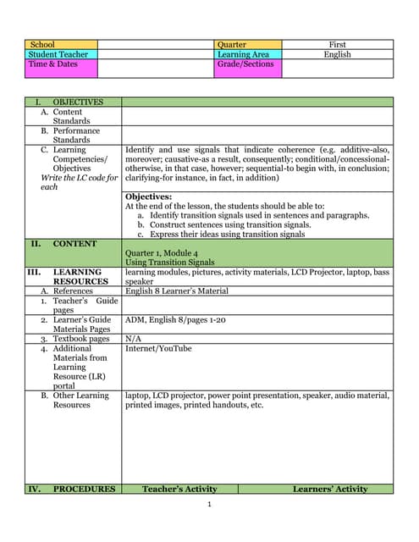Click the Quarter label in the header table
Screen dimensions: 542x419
point(232,45)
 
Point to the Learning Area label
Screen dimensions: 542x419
point(243,54)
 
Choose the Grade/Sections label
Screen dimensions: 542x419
point(245,64)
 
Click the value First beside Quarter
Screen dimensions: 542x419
point(337,45)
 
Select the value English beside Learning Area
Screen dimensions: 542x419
point(337,54)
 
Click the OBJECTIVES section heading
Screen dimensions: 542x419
point(77,102)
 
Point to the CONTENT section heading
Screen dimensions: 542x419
point(74,244)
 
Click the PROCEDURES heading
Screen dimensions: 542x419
point(84,489)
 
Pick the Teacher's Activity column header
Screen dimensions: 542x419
point(179,489)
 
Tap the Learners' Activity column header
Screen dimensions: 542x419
point(330,489)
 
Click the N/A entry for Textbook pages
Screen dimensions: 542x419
point(133,339)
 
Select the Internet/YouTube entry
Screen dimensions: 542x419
point(158,348)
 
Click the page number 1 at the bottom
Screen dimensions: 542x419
point(209,506)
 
